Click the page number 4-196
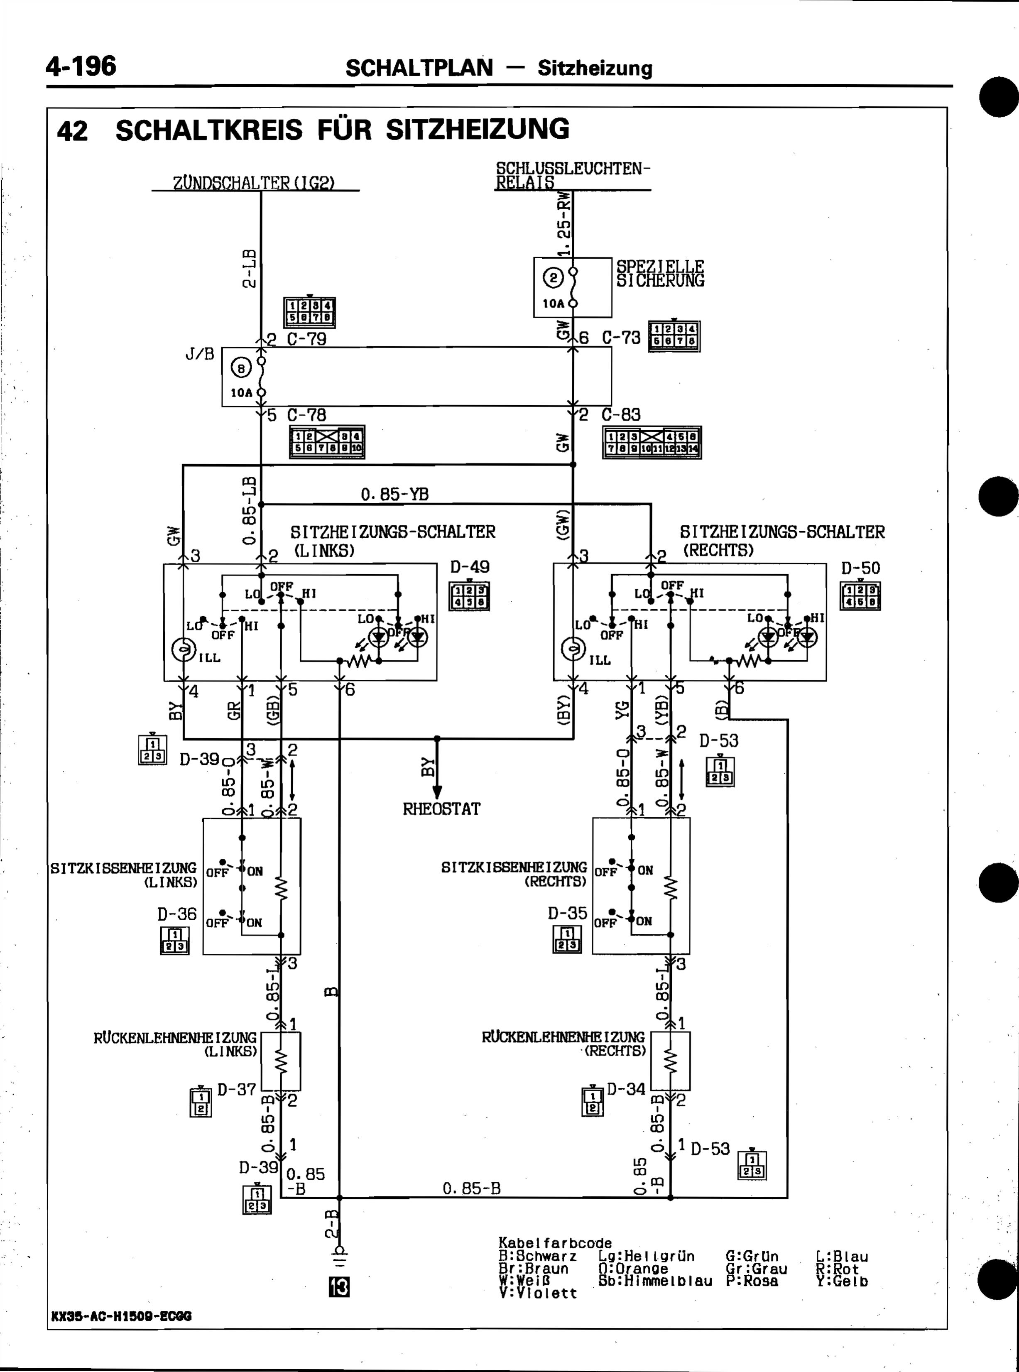[x=81, y=66]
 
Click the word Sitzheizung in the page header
[x=595, y=68]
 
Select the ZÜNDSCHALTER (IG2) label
[x=254, y=183]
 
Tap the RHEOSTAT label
[x=441, y=809]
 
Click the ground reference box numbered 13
[x=339, y=1287]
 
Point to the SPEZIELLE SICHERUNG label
[x=660, y=273]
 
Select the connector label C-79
[x=306, y=339]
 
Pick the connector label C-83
[x=621, y=414]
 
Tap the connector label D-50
[x=860, y=568]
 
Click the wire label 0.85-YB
[x=395, y=494]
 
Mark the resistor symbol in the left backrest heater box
[x=281, y=1061]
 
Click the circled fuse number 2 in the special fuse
[x=553, y=278]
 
